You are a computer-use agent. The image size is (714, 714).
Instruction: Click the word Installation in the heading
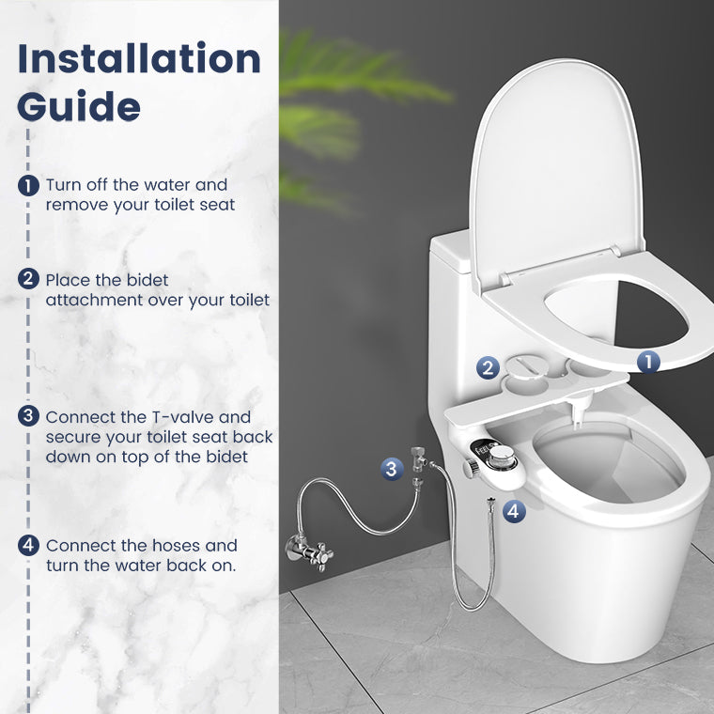point(139,58)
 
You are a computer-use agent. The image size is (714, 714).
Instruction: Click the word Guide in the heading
point(79,106)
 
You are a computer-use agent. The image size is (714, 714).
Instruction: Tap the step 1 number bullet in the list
point(29,185)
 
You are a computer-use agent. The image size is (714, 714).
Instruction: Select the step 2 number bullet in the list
point(29,279)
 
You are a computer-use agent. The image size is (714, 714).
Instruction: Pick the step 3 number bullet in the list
point(29,416)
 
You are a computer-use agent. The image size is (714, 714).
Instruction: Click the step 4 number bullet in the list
point(29,545)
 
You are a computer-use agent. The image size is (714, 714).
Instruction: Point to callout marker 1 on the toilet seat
point(648,361)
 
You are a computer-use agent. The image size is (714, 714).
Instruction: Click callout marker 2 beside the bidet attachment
point(487,367)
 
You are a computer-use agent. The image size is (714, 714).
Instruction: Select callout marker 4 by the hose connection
point(513,511)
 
